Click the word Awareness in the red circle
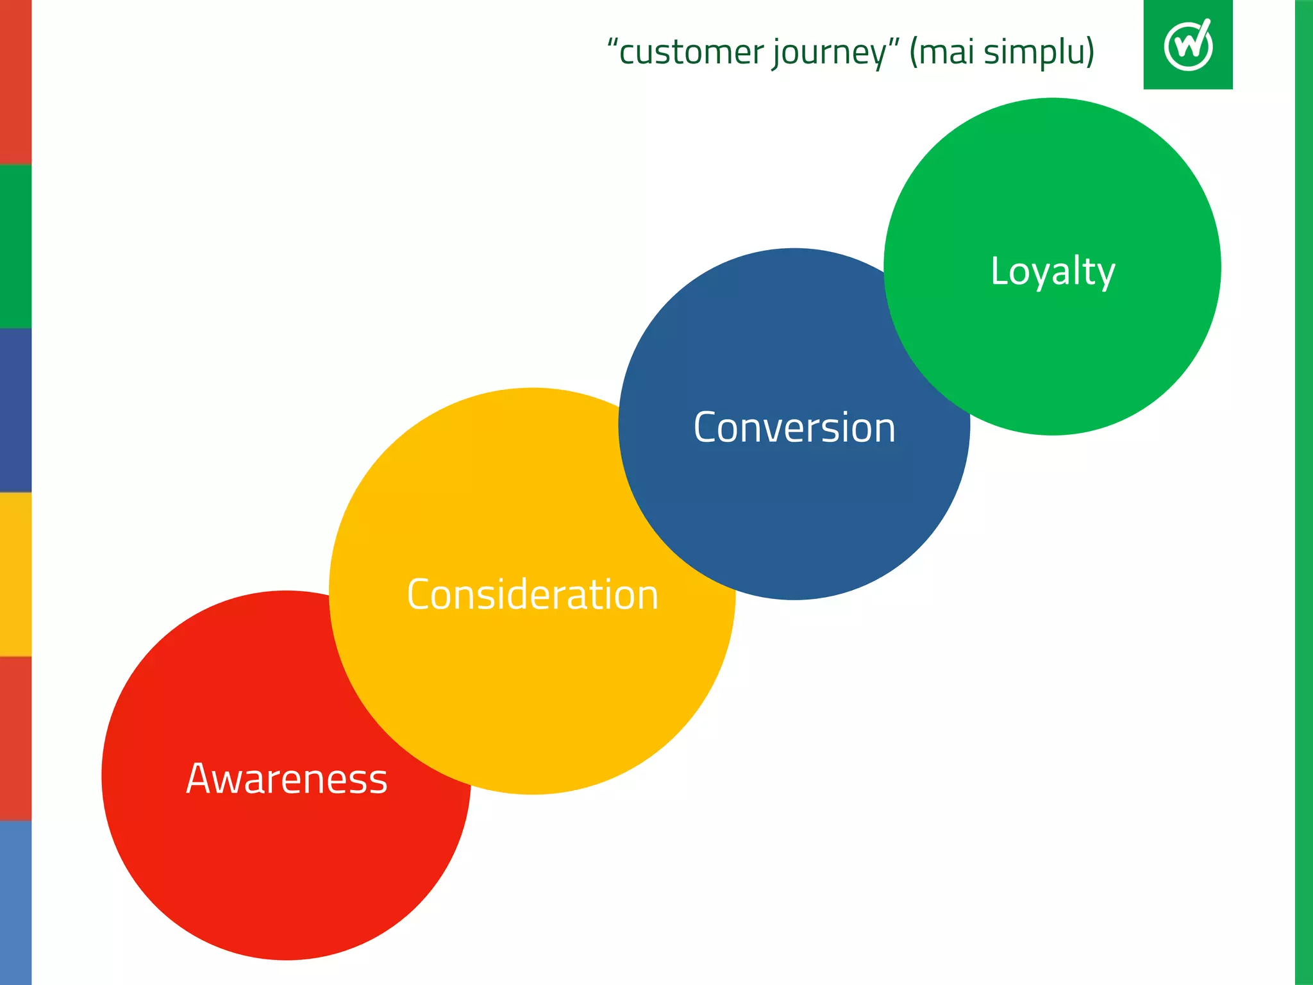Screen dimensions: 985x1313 [287, 779]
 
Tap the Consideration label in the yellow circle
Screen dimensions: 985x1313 [532, 594]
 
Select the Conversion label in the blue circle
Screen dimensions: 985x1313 [794, 428]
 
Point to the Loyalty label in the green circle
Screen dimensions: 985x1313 [1053, 271]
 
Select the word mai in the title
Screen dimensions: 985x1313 [948, 53]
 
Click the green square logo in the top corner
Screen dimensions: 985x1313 [1187, 44]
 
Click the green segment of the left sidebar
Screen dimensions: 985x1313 [15, 246]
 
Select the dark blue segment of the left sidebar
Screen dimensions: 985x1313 [15, 410]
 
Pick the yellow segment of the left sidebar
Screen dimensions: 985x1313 [15, 575]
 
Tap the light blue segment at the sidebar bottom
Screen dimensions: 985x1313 [15, 903]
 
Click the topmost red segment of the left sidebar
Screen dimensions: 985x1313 [15, 82]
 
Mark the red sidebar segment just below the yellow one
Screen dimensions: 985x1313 [15, 739]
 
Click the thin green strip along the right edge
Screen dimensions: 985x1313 [1304, 492]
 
